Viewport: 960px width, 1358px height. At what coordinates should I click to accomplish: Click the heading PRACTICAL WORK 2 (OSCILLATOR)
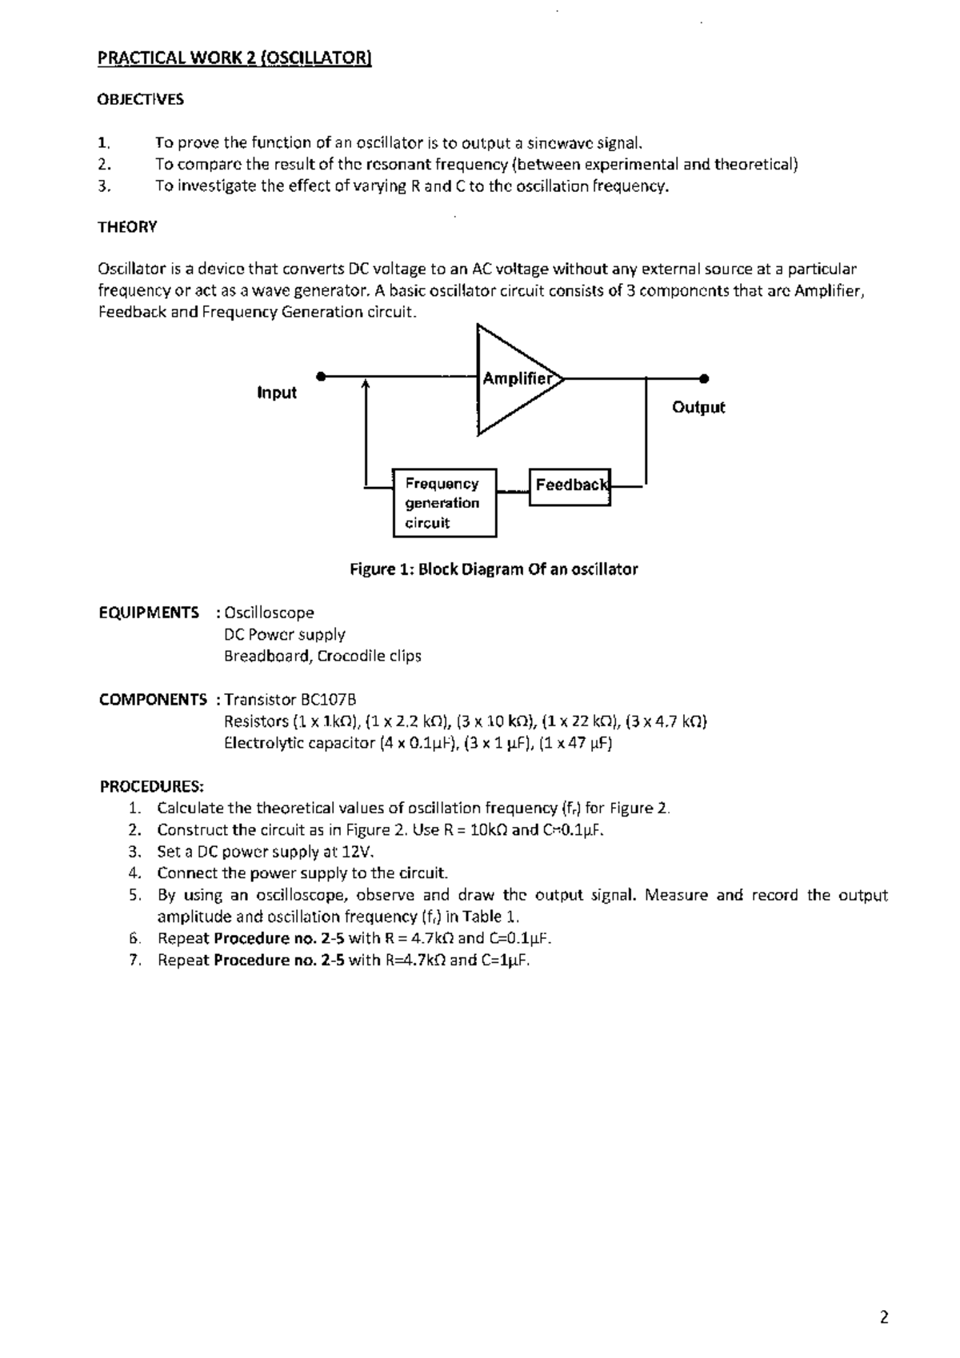click(234, 58)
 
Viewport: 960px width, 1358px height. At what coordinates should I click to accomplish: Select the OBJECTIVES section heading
click(140, 99)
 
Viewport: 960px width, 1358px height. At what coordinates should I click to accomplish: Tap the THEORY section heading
click(127, 227)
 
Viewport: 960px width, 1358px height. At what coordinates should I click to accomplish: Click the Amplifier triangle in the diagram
click(512, 380)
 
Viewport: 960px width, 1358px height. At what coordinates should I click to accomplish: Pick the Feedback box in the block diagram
click(570, 485)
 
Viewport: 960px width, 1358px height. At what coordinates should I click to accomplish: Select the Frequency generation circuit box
click(445, 503)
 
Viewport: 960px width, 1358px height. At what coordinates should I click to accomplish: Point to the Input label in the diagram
click(277, 393)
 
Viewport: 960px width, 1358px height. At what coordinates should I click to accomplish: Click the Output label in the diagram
click(698, 407)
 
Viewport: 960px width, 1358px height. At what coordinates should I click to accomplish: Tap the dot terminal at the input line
click(320, 376)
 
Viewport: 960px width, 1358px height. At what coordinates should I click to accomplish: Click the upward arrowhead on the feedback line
click(366, 385)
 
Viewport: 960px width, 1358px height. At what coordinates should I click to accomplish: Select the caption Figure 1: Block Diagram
click(494, 569)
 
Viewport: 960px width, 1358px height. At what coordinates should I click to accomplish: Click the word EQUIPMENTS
click(149, 613)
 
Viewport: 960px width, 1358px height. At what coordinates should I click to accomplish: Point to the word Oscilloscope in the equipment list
click(269, 613)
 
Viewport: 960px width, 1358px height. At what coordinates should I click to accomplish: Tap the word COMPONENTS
click(153, 700)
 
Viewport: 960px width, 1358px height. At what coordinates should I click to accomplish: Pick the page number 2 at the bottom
click(884, 1317)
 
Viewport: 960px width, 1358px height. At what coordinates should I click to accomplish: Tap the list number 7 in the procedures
click(135, 960)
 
